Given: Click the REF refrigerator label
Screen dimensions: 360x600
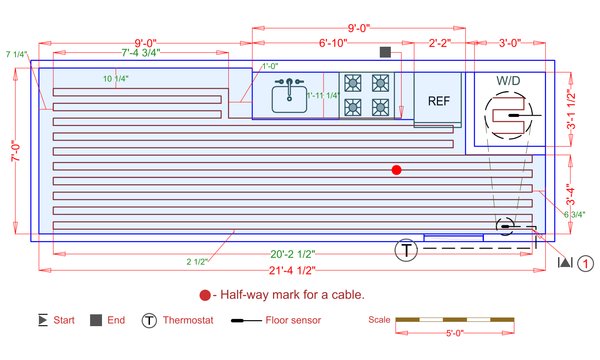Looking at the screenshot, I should pos(439,101).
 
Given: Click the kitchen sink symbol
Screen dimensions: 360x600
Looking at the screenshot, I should pos(290,94).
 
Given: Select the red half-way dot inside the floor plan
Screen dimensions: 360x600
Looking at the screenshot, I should pos(396,170).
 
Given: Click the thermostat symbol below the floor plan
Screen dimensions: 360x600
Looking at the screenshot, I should pos(407,250).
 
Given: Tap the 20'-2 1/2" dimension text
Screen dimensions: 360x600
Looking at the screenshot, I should pos(279,253).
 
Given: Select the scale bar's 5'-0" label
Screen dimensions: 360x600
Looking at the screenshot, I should pos(455,335).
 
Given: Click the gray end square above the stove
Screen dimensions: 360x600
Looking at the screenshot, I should pos(385,51).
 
